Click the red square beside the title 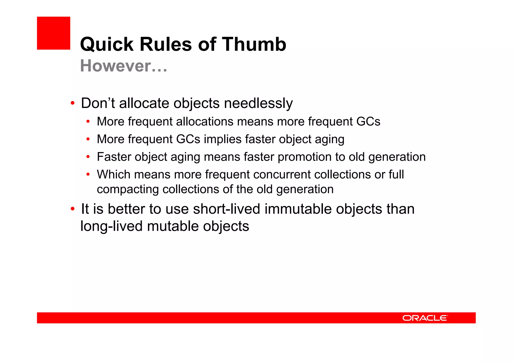coord(53,33)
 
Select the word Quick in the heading coord(107,44)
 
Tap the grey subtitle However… coord(123,66)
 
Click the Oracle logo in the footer coord(425,318)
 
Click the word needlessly coord(258,103)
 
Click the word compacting coord(128,189)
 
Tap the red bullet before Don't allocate coord(72,103)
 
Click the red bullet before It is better coord(72,209)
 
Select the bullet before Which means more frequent coord(88,174)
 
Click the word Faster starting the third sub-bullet coord(114,157)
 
